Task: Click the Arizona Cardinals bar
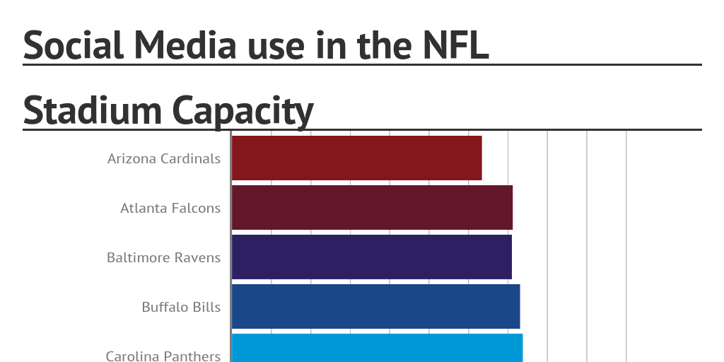click(x=356, y=158)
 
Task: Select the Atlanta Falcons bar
click(x=372, y=207)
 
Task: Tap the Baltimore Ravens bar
click(x=371, y=257)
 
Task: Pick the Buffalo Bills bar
click(x=375, y=306)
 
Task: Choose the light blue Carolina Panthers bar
click(x=377, y=349)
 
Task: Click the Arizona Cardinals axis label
click(x=164, y=158)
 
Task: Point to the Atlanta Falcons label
click(x=170, y=208)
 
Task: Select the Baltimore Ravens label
click(x=163, y=257)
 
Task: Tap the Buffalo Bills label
click(x=181, y=307)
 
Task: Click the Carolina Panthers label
click(x=163, y=356)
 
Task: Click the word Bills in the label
click(x=206, y=307)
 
